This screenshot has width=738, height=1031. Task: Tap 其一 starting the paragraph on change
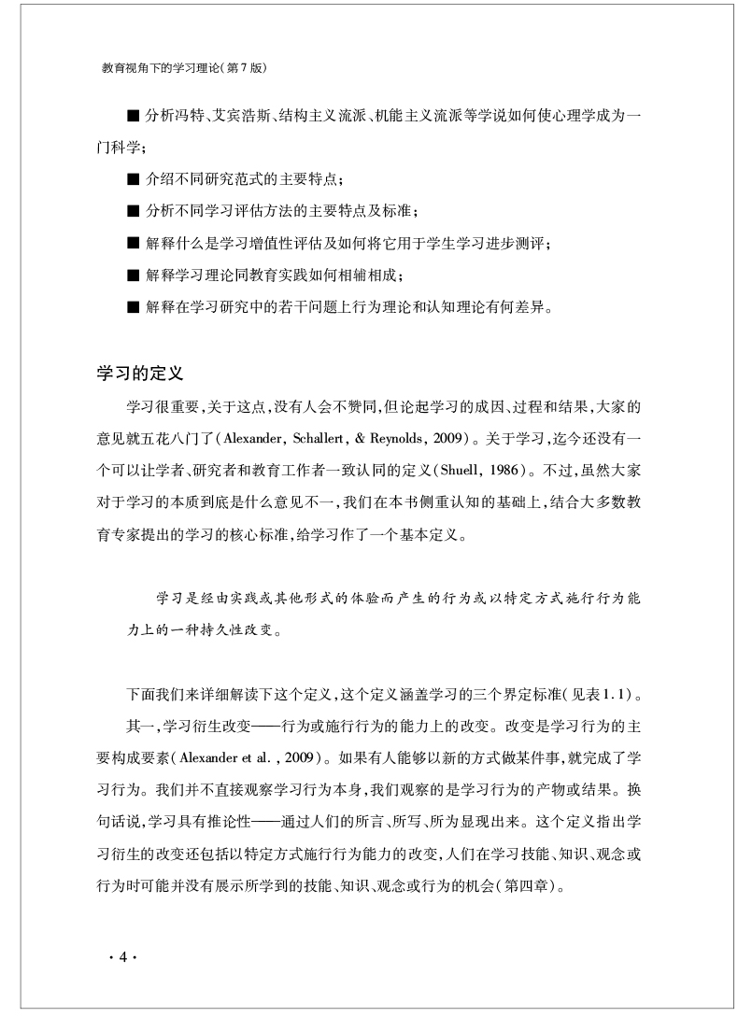coord(141,726)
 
